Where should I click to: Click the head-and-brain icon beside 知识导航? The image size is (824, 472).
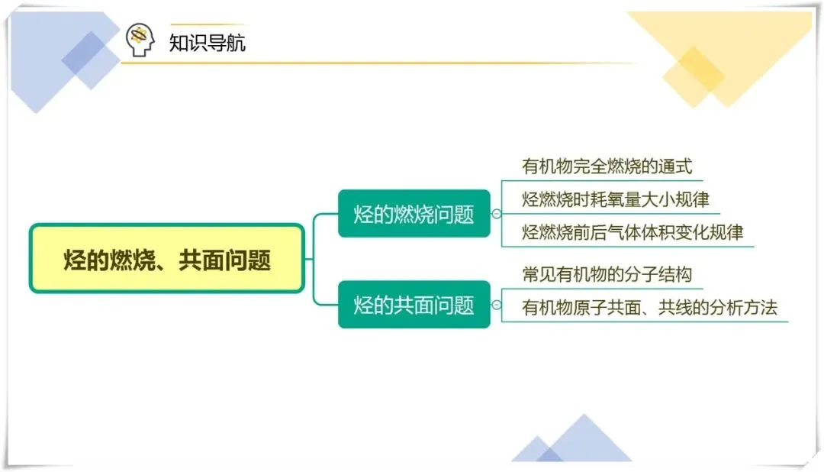click(140, 40)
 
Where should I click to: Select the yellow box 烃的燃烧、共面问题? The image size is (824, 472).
click(166, 260)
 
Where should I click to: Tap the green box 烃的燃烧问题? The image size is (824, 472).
click(414, 214)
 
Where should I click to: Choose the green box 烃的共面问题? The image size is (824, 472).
click(414, 306)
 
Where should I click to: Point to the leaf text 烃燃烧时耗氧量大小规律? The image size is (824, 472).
click(616, 200)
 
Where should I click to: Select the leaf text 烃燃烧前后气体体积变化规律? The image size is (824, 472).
click(632, 232)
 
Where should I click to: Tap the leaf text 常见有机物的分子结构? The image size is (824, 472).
click(607, 273)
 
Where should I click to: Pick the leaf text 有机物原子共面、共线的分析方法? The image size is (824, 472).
click(649, 308)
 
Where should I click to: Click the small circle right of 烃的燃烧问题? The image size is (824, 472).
click(497, 214)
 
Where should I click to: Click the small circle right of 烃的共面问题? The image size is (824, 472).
click(497, 306)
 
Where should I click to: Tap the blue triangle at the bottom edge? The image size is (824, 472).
click(584, 441)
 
